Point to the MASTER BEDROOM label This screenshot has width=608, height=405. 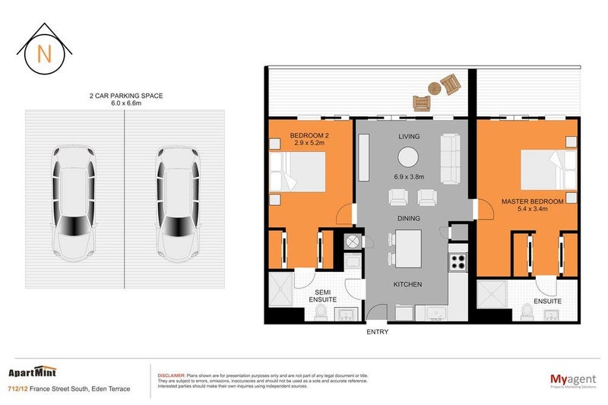(x=532, y=201)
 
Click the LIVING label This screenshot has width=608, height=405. (x=409, y=136)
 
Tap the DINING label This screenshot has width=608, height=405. (x=409, y=217)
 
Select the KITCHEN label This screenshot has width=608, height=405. (x=407, y=284)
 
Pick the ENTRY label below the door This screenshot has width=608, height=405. (x=377, y=332)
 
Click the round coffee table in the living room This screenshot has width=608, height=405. (x=408, y=157)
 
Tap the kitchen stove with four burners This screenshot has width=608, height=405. (x=459, y=262)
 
